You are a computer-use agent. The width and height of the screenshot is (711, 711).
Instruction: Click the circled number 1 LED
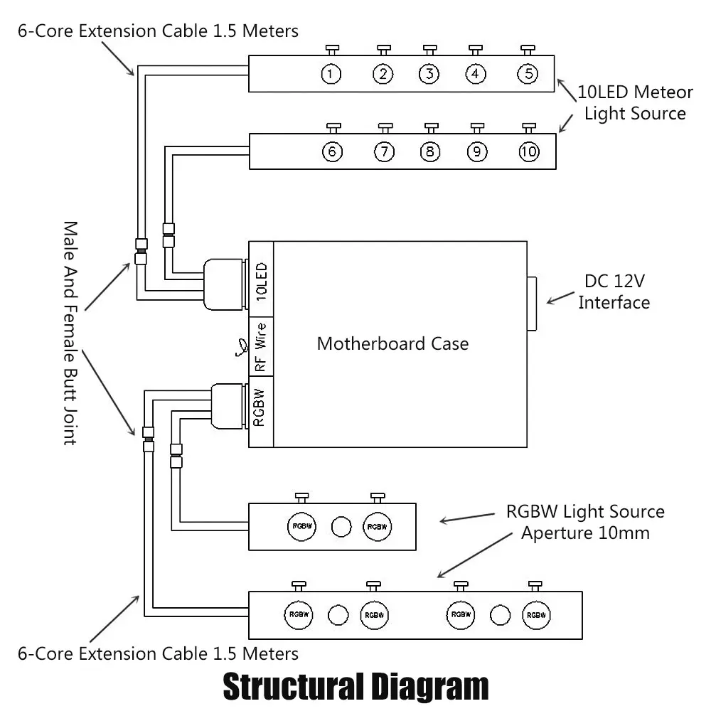[x=331, y=74]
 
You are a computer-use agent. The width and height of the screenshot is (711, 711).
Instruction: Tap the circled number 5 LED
[x=528, y=74]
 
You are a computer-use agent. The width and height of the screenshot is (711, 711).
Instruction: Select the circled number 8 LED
[x=430, y=151]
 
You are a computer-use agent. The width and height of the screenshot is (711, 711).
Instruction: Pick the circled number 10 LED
[x=529, y=151]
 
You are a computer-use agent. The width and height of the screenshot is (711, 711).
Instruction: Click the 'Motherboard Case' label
[x=392, y=343]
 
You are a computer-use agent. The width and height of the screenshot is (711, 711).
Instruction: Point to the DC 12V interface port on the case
[x=531, y=304]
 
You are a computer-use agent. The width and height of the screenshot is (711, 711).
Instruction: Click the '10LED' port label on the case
[x=262, y=281]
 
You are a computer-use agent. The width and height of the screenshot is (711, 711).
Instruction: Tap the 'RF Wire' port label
[x=260, y=347]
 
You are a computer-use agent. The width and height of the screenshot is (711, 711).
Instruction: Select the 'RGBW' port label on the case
[x=259, y=407]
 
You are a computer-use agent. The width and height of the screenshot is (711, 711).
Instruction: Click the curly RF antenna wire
[x=242, y=348]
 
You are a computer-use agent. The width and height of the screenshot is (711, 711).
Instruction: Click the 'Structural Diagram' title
[x=356, y=687]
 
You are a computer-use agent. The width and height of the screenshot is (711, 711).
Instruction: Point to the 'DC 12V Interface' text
[x=614, y=292]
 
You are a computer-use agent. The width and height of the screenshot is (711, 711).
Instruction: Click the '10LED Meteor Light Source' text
[x=635, y=102]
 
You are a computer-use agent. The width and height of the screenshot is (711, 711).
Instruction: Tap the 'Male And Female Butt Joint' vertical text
[x=70, y=333]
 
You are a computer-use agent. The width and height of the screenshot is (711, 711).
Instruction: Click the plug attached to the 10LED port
[x=225, y=284]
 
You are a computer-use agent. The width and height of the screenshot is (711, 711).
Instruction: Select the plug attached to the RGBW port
[x=229, y=406]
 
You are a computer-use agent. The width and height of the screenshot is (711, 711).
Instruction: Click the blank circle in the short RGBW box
[x=341, y=527]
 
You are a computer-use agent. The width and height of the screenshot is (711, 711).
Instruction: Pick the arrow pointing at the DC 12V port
[x=560, y=298]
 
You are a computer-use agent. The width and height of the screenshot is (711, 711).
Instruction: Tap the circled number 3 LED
[x=429, y=74]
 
